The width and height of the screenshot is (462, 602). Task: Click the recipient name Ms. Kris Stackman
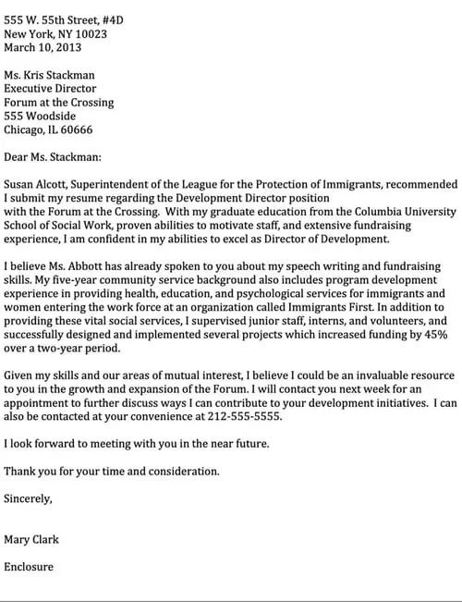tap(49, 75)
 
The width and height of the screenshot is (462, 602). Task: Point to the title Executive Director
tap(54, 89)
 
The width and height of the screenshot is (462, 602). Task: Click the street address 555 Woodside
tap(40, 117)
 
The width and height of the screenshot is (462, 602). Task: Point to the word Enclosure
tap(29, 566)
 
